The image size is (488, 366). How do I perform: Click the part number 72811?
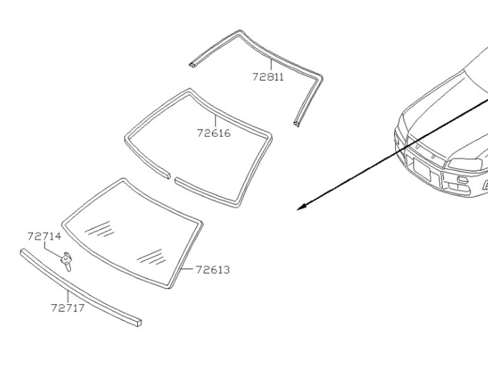pyautogui.click(x=268, y=77)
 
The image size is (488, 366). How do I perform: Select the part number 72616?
pyautogui.click(x=213, y=133)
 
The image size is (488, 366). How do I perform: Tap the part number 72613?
pyautogui.click(x=213, y=270)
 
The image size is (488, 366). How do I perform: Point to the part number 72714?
pyautogui.click(x=44, y=236)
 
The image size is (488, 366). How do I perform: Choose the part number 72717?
pyautogui.click(x=68, y=308)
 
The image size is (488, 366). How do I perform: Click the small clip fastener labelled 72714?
pyautogui.click(x=67, y=260)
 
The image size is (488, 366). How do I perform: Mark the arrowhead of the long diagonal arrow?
pyautogui.click(x=301, y=207)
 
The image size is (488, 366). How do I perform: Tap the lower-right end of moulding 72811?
pyautogui.click(x=297, y=124)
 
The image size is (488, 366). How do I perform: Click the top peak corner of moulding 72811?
pyautogui.click(x=240, y=32)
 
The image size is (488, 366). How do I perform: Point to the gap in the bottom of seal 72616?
pyautogui.click(x=172, y=177)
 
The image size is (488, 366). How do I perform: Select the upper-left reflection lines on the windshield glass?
pyautogui.click(x=99, y=229)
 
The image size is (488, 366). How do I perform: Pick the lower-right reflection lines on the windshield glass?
pyautogui.click(x=151, y=257)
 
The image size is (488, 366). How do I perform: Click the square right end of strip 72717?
pyautogui.click(x=139, y=322)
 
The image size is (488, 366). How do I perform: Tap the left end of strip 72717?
pyautogui.click(x=22, y=252)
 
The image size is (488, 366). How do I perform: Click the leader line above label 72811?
pyautogui.click(x=271, y=65)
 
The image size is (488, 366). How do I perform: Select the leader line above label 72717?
pyautogui.click(x=67, y=295)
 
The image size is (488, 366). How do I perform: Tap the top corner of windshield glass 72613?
pyautogui.click(x=124, y=180)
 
